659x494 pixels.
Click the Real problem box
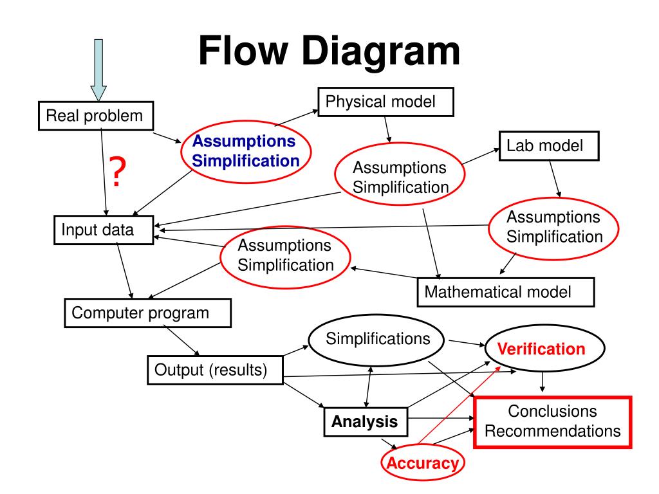tap(96, 116)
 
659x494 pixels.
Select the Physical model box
tap(386, 102)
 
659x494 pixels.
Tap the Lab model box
tap(549, 146)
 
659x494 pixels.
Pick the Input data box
tap(104, 230)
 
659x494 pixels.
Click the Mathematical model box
tap(506, 292)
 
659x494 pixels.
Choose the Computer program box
tap(147, 313)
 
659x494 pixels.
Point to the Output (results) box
tap(215, 370)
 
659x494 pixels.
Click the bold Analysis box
tap(366, 422)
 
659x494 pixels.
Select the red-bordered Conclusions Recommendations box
tap(553, 422)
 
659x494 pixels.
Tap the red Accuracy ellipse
tap(422, 462)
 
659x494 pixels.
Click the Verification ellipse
tap(544, 348)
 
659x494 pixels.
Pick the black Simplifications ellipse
tap(376, 340)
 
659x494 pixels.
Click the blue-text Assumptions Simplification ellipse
tap(246, 152)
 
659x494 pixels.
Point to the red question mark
tap(118, 171)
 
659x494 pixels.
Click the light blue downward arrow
tap(98, 69)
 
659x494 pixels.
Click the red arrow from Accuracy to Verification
tap(459, 405)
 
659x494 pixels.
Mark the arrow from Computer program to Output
tap(181, 341)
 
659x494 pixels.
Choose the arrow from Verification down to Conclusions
tap(543, 382)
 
